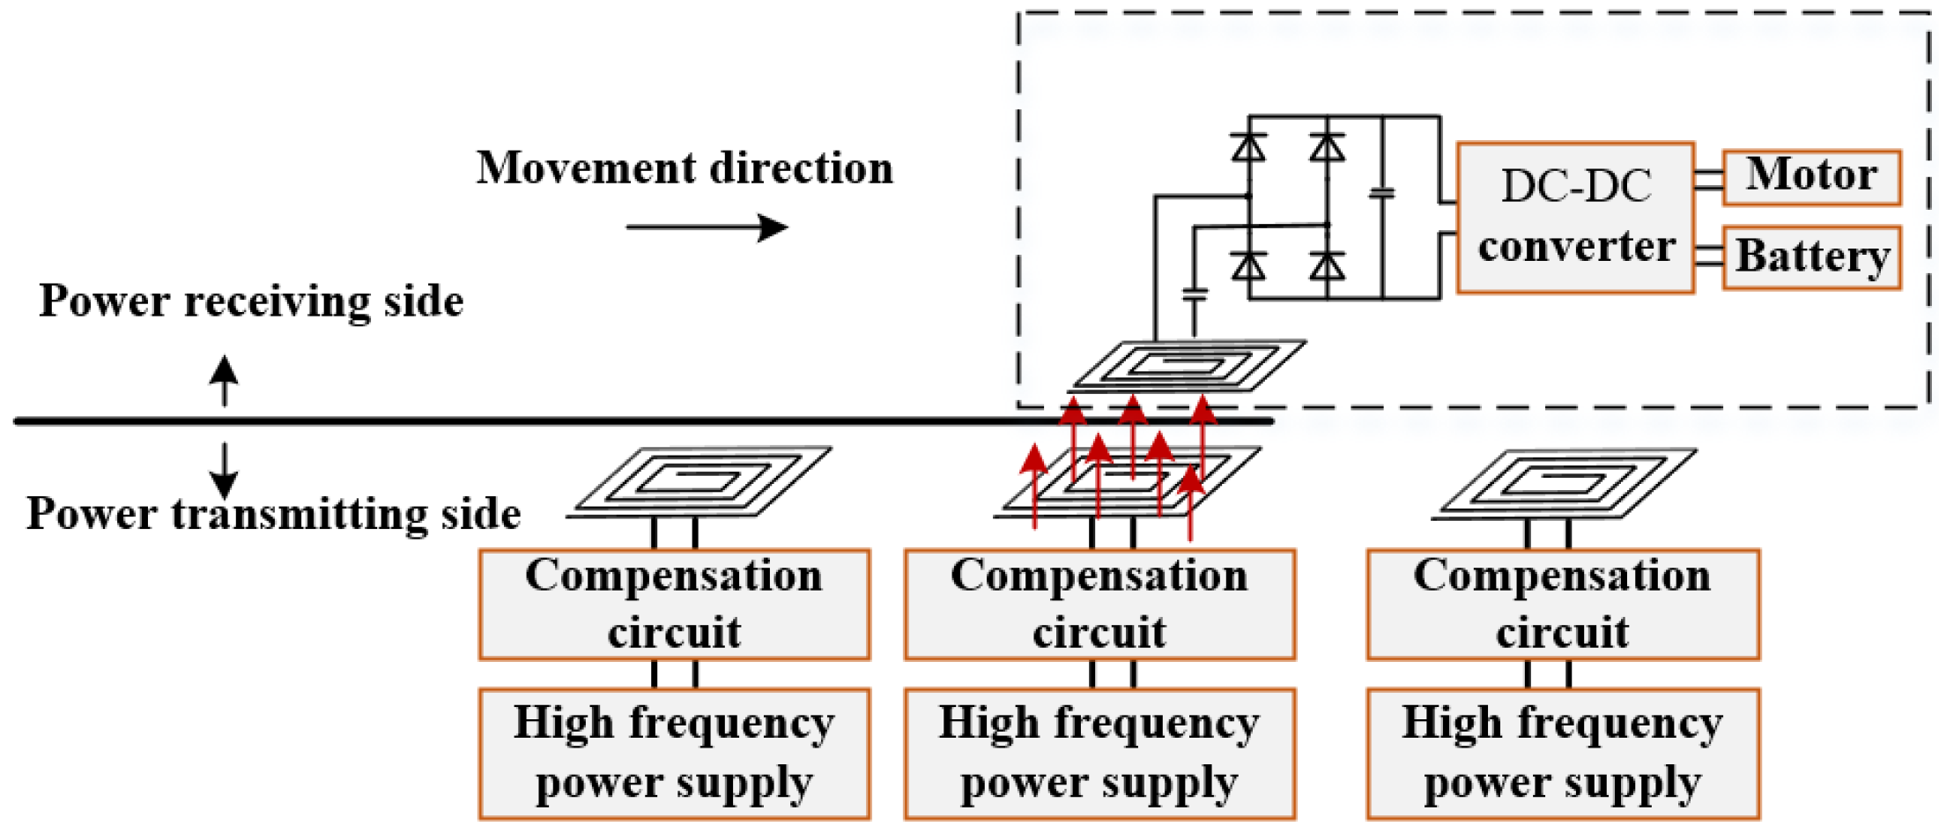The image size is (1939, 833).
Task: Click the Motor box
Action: (1810, 177)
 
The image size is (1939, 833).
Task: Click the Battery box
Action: (1810, 257)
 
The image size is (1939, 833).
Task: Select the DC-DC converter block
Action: (1575, 217)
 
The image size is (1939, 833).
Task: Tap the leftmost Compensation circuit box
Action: (674, 605)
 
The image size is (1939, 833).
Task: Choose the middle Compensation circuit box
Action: (1099, 605)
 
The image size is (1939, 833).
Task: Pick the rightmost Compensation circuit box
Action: (1563, 605)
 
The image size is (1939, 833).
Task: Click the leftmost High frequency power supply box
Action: (674, 754)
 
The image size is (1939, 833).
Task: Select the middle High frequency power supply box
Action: (1099, 754)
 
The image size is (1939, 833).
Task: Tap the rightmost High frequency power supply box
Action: (1563, 754)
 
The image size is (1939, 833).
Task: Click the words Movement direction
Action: (685, 167)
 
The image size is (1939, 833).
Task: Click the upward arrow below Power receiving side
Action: (224, 380)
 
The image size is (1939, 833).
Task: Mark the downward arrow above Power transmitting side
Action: (224, 471)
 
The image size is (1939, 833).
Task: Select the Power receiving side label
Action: (251, 301)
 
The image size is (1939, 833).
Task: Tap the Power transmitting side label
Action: (273, 514)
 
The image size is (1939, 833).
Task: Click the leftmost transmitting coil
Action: (700, 481)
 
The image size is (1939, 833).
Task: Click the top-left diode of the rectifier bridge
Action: (1248, 146)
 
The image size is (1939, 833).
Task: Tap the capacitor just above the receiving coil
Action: (1195, 294)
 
